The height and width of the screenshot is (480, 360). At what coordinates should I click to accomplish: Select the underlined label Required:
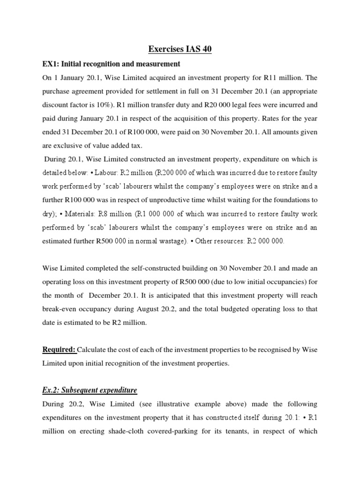(60, 349)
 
